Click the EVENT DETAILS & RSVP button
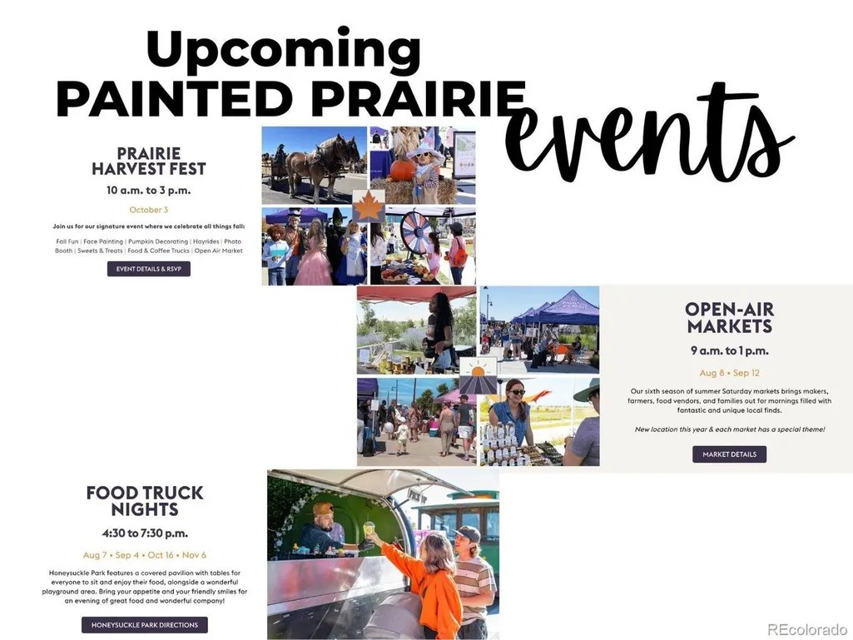(x=148, y=269)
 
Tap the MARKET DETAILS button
(x=729, y=454)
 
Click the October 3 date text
(x=148, y=210)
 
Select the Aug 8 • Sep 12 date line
(x=729, y=373)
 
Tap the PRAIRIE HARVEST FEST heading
(x=148, y=161)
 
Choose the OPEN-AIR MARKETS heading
(x=729, y=318)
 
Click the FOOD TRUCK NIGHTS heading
(x=145, y=501)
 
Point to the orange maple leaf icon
(x=369, y=206)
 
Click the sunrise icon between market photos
(x=479, y=375)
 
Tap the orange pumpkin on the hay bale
(x=402, y=170)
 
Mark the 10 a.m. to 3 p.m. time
(x=148, y=191)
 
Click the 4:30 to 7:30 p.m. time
(x=145, y=533)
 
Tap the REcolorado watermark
(x=806, y=630)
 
